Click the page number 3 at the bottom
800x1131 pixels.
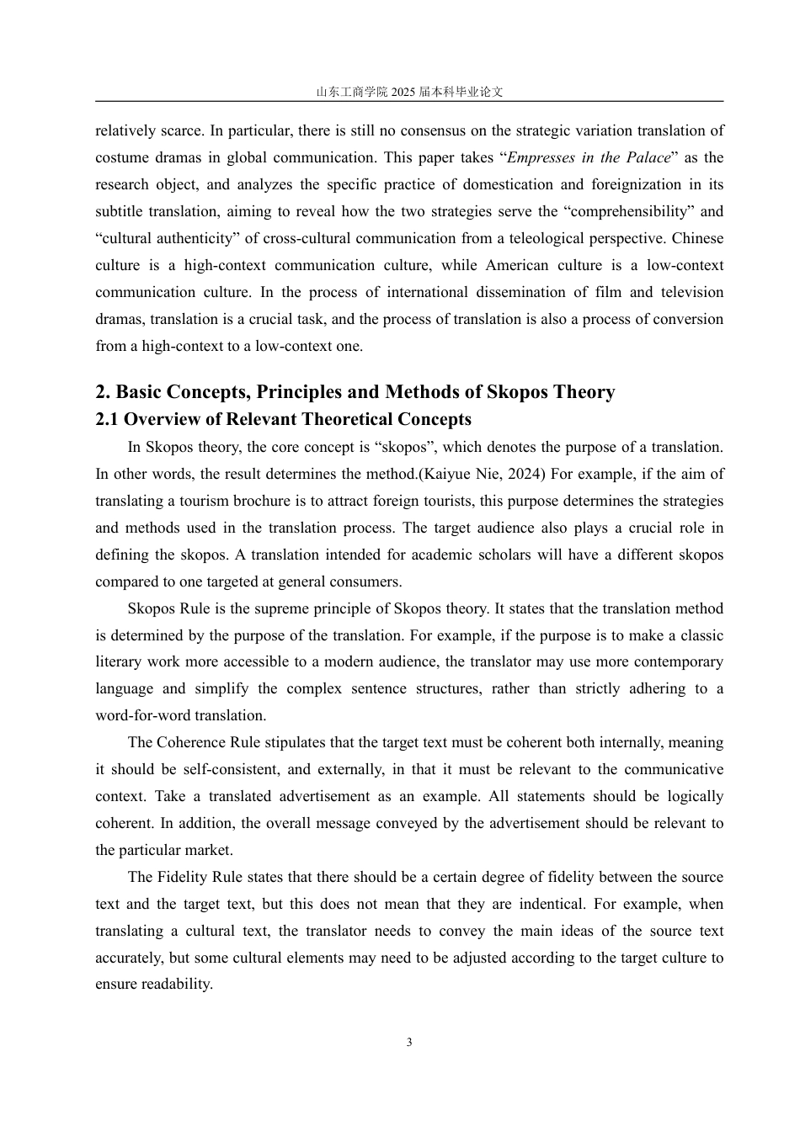[x=409, y=1043]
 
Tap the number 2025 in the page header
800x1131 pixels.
[x=405, y=92]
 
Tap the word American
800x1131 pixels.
[x=519, y=266]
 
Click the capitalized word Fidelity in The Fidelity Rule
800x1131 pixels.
[x=179, y=878]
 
